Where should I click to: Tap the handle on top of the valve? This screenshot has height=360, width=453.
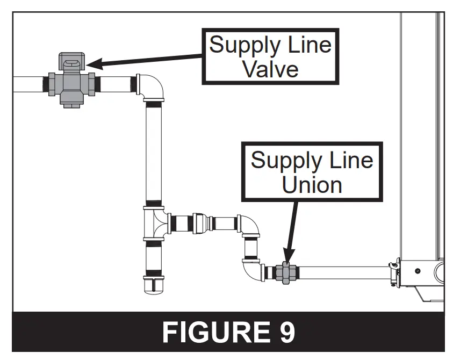tap(72, 61)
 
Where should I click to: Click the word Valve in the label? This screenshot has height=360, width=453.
tap(270, 69)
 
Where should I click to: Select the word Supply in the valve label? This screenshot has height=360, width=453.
tap(240, 45)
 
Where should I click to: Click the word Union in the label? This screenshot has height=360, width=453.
tap(312, 184)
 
